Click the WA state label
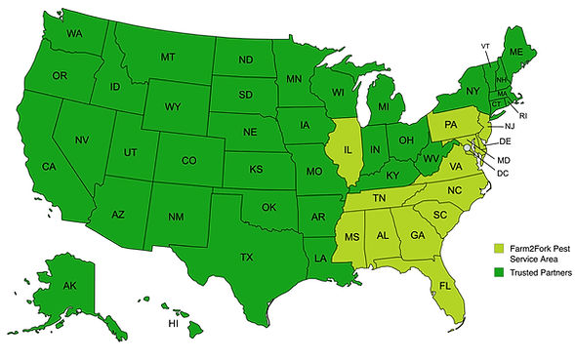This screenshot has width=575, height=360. pos(73,34)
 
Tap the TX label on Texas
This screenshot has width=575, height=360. pos(246,258)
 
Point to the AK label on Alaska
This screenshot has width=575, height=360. pos(69,287)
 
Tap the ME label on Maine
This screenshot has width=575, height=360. pos(516,51)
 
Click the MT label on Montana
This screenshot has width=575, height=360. pos(167,58)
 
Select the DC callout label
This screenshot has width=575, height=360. pos(504,173)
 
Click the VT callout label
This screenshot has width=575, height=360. pos(485,46)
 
